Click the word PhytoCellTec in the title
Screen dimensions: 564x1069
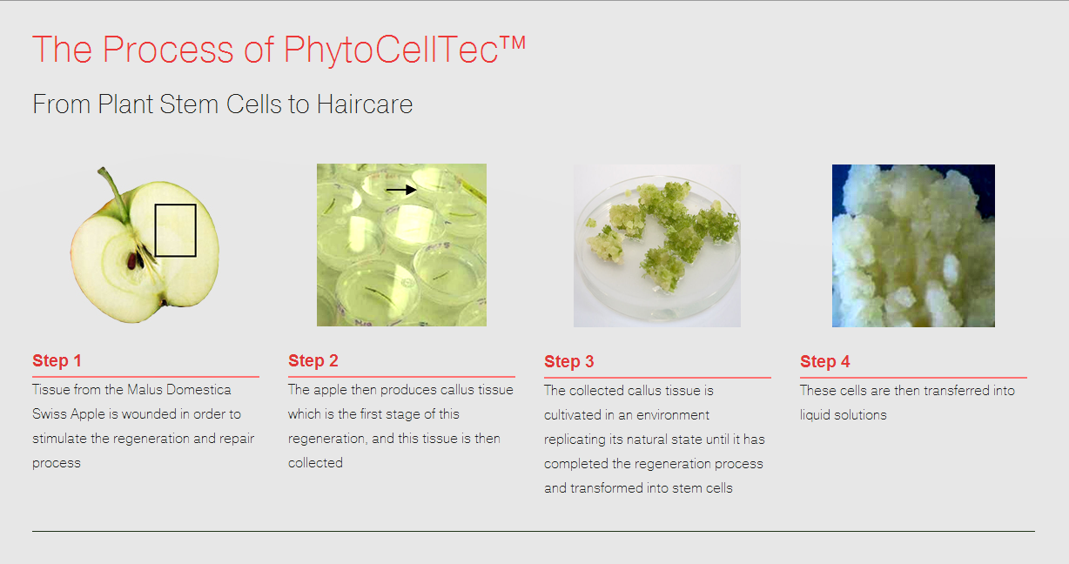(x=391, y=50)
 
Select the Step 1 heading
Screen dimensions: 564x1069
(x=57, y=361)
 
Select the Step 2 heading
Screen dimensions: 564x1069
(x=313, y=361)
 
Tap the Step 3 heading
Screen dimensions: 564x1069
(x=568, y=362)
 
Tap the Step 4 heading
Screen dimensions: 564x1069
(x=824, y=362)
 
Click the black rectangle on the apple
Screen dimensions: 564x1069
(x=175, y=231)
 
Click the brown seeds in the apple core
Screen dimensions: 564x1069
(x=135, y=259)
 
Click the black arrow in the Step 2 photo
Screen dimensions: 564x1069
(x=401, y=190)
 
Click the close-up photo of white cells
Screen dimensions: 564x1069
(x=912, y=245)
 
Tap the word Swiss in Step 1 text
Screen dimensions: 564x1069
(x=50, y=414)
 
